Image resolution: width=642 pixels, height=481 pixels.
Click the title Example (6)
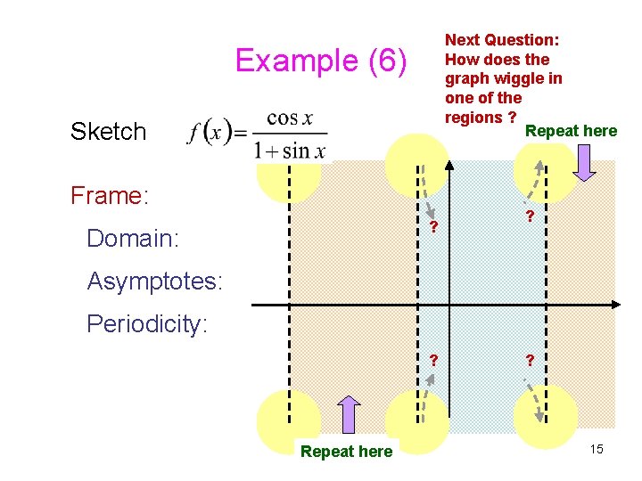(321, 61)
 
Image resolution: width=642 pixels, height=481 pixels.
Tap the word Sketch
(108, 132)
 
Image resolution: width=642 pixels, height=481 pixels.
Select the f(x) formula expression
(258, 135)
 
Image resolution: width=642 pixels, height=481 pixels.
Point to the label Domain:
(133, 239)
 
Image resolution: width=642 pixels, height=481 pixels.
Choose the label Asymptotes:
(155, 281)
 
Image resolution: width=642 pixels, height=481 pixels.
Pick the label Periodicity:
(147, 323)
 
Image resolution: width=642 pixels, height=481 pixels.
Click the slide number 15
(596, 449)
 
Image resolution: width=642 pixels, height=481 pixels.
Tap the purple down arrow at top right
(587, 161)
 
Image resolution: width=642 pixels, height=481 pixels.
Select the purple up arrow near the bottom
(349, 415)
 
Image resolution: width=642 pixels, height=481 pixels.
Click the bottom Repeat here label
(346, 452)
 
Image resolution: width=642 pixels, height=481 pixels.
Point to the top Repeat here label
(571, 132)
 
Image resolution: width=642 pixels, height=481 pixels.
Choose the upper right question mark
(530, 217)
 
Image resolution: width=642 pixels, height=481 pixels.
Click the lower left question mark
(433, 361)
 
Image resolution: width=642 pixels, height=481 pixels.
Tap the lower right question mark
(530, 361)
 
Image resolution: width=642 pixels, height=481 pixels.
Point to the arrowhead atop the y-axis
(449, 166)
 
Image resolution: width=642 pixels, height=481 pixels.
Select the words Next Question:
(502, 40)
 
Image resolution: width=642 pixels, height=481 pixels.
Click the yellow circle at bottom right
(546, 414)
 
